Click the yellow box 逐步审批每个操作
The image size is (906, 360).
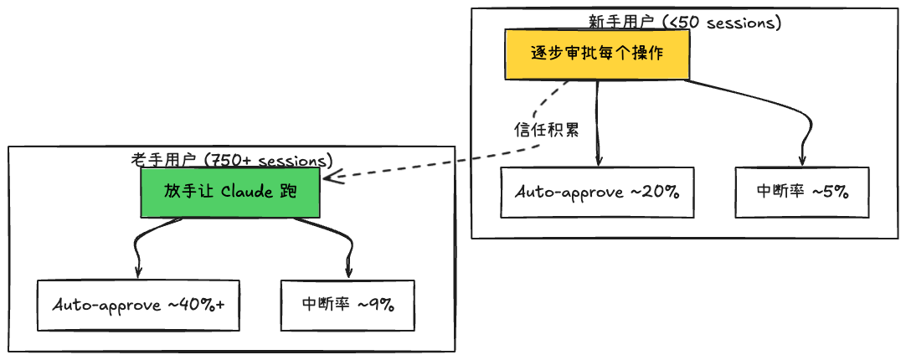click(598, 54)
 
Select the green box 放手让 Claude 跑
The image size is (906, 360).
click(230, 193)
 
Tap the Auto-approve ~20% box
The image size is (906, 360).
click(597, 193)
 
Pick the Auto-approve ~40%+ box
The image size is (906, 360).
click(138, 305)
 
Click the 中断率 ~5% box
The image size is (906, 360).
click(802, 193)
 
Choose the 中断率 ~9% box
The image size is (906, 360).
click(347, 305)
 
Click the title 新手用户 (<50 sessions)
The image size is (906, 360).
click(685, 23)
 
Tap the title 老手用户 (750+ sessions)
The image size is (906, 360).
click(232, 160)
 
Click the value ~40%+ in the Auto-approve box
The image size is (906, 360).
click(197, 305)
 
